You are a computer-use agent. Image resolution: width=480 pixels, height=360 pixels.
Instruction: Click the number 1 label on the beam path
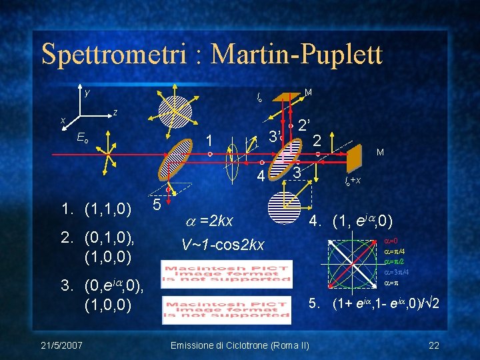[209, 141]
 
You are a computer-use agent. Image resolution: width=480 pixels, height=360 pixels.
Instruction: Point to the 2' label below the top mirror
[306, 125]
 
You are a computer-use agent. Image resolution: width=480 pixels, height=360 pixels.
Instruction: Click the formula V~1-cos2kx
[223, 244]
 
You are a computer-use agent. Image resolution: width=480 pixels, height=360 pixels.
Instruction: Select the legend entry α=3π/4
[397, 273]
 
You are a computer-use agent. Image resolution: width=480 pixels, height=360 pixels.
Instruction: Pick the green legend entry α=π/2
[395, 262]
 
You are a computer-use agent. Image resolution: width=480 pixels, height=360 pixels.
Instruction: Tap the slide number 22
[434, 344]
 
